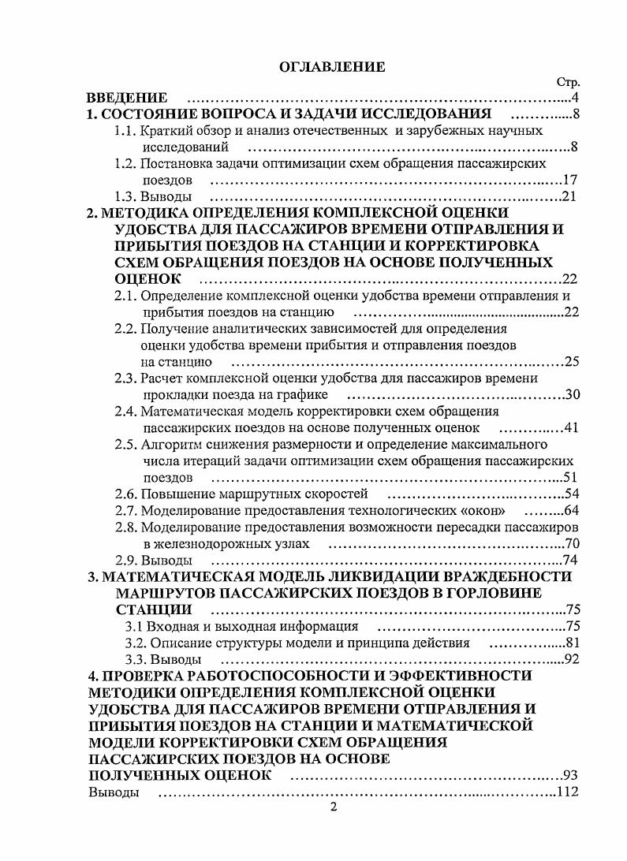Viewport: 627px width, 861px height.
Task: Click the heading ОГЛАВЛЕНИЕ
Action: pyautogui.click(x=333, y=66)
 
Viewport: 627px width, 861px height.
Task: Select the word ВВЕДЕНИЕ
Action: pyautogui.click(x=126, y=99)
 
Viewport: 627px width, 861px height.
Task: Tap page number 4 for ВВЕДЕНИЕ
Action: pyautogui.click(x=576, y=99)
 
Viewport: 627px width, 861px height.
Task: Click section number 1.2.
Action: pyautogui.click(x=125, y=164)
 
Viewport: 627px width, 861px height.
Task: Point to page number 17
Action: pyautogui.click(x=571, y=181)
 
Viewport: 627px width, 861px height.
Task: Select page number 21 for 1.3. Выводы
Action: pyautogui.click(x=571, y=197)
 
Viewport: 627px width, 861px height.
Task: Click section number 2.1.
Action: pyautogui.click(x=125, y=296)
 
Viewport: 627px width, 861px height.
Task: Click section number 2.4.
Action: pyautogui.click(x=125, y=412)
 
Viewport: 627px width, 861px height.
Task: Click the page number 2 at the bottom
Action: pyautogui.click(x=333, y=807)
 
